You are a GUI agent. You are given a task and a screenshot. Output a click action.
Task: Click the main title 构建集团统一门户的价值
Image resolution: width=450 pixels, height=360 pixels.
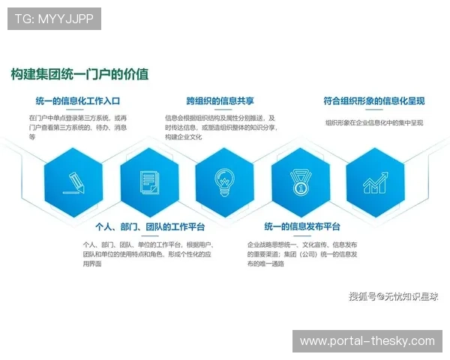tap(79, 74)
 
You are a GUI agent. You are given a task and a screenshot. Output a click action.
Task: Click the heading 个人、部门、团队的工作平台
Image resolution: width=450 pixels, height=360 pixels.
tap(150, 226)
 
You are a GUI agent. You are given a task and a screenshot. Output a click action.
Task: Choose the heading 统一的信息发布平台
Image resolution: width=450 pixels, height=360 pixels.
tap(302, 226)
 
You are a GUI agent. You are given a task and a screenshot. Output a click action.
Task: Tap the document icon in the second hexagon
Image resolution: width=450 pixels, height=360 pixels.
tap(149, 181)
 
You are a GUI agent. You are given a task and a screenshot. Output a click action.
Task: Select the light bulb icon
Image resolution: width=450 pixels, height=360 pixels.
tap(224, 181)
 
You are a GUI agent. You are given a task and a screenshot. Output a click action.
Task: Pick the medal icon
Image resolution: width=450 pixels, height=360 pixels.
tap(300, 181)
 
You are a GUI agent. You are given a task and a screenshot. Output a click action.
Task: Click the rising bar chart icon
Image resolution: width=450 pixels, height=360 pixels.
tap(375, 181)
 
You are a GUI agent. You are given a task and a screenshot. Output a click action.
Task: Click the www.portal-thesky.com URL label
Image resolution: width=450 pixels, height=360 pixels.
tap(367, 341)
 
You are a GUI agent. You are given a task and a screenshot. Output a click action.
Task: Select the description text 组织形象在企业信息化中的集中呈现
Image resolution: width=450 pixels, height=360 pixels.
tap(374, 121)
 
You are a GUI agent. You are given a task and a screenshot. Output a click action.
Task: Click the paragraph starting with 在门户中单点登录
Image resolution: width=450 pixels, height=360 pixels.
tap(78, 127)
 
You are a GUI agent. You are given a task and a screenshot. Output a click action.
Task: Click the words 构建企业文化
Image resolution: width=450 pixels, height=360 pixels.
tap(184, 137)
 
